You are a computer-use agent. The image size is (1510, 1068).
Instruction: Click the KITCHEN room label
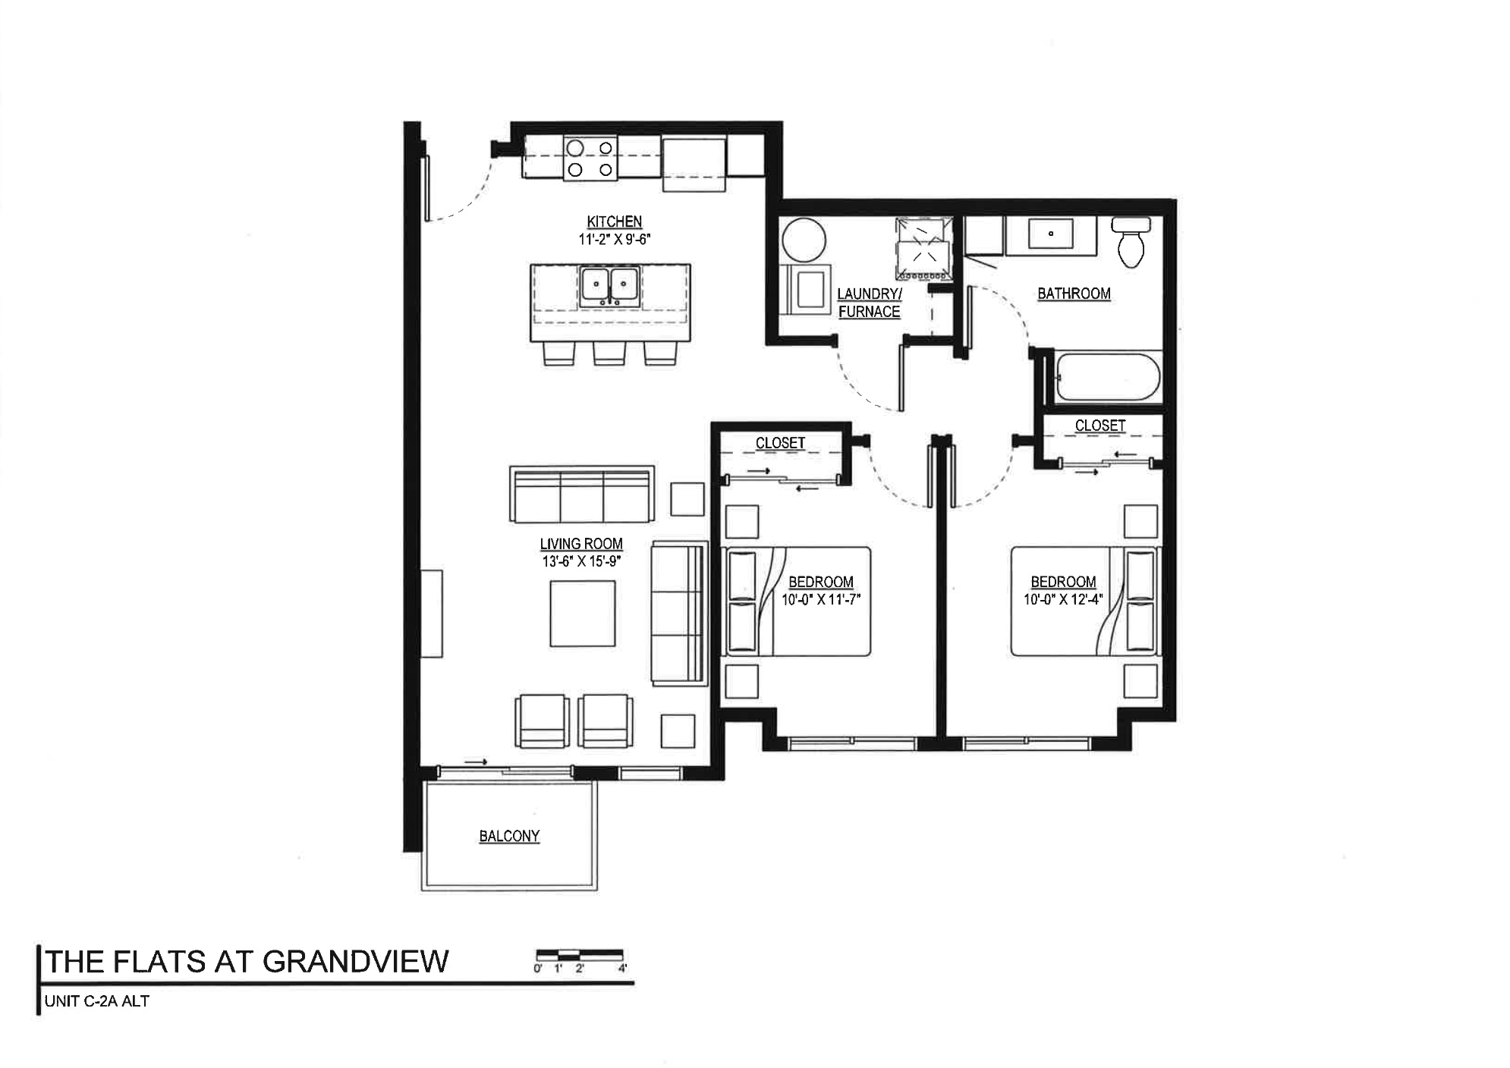pyautogui.click(x=614, y=221)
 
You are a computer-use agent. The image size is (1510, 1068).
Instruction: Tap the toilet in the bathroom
pyautogui.click(x=1131, y=242)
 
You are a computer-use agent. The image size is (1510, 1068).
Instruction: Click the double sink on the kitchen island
pyautogui.click(x=609, y=287)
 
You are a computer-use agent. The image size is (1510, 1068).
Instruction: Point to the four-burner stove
pyautogui.click(x=590, y=159)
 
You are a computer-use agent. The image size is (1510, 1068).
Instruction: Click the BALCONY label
pyautogui.click(x=509, y=836)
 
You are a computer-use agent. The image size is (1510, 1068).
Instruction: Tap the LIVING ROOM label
pyautogui.click(x=581, y=544)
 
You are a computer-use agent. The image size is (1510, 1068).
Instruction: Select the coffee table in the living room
pyautogui.click(x=583, y=614)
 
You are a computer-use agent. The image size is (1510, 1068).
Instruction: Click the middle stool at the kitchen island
pyautogui.click(x=609, y=353)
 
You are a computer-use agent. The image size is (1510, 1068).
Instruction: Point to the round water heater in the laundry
pyautogui.click(x=804, y=240)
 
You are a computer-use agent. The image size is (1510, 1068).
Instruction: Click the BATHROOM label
pyautogui.click(x=1074, y=294)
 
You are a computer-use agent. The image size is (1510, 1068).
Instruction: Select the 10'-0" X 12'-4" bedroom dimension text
pyautogui.click(x=1062, y=599)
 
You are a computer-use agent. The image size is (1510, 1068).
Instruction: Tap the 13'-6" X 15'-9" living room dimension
pyautogui.click(x=581, y=562)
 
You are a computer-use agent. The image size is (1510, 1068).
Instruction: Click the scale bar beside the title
pyautogui.click(x=580, y=954)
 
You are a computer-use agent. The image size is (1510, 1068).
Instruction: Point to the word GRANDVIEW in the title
pyautogui.click(x=356, y=962)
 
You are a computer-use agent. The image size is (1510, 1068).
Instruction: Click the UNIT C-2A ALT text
pyautogui.click(x=97, y=1001)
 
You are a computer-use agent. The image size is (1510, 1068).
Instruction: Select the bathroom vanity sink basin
pyautogui.click(x=1050, y=234)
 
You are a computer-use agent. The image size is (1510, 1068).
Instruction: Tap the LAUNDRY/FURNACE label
pyautogui.click(x=869, y=303)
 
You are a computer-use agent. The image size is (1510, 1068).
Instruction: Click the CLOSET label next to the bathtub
pyautogui.click(x=1099, y=426)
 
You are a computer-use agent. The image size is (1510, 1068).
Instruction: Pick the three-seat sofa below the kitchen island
pyautogui.click(x=582, y=495)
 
